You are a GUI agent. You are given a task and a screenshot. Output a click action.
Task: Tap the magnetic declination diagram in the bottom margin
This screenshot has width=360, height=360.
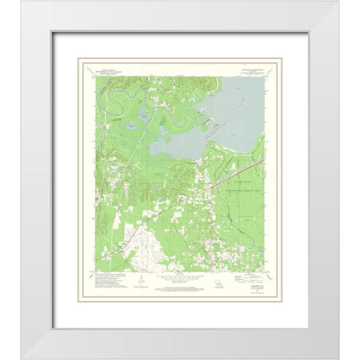[x=142, y=281]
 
